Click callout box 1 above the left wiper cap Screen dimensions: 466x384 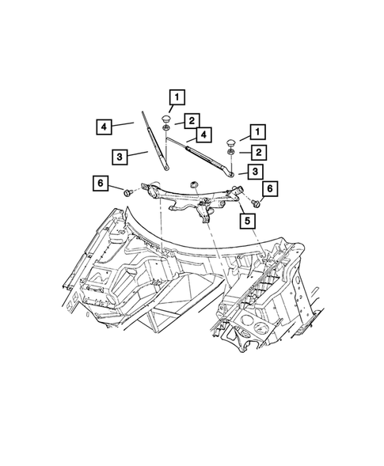click(x=177, y=98)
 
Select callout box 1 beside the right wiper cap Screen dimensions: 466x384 click(x=257, y=131)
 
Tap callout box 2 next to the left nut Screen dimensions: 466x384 click(x=192, y=120)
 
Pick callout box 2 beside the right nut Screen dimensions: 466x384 click(x=257, y=153)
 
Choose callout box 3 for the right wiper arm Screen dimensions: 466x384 click(x=255, y=172)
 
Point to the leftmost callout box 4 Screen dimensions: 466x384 click(x=103, y=125)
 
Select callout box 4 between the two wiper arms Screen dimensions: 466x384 click(x=203, y=134)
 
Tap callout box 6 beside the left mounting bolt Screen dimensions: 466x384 click(x=101, y=184)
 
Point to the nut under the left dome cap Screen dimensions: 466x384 click(x=167, y=129)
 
